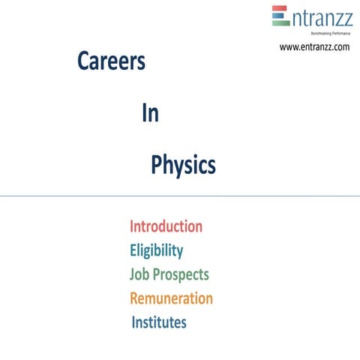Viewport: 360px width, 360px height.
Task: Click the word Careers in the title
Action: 111,62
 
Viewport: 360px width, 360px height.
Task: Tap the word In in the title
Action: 150,113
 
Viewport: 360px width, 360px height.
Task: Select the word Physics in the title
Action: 183,164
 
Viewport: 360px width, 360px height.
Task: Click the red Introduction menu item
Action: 166,226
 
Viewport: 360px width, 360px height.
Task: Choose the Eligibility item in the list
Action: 156,250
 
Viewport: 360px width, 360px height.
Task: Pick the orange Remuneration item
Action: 171,298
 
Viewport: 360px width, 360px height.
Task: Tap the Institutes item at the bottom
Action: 159,322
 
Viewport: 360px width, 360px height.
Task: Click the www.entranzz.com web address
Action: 314,46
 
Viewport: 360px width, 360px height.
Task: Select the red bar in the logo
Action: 280,10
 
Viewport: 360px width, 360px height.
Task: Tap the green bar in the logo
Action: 280,23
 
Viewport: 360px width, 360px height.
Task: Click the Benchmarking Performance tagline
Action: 320,34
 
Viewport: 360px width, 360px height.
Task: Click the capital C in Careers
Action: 82,62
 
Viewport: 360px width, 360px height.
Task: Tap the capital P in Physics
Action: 157,164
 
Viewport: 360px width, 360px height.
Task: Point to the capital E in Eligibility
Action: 133,250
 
